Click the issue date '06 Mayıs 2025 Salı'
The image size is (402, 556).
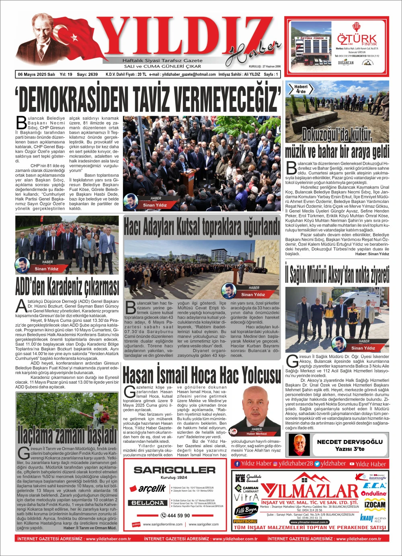pos(37,74)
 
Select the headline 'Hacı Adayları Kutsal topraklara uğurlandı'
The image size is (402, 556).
pos(201,227)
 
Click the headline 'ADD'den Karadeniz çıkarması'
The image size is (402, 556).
pos(67,286)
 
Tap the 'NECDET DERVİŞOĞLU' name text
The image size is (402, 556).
pos(350,442)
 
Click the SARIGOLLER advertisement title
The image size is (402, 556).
pos(174,470)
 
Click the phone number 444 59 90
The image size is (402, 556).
pos(176,515)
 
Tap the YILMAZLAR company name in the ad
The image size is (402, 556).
pos(310,491)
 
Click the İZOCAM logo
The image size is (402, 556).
pos(375,505)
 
